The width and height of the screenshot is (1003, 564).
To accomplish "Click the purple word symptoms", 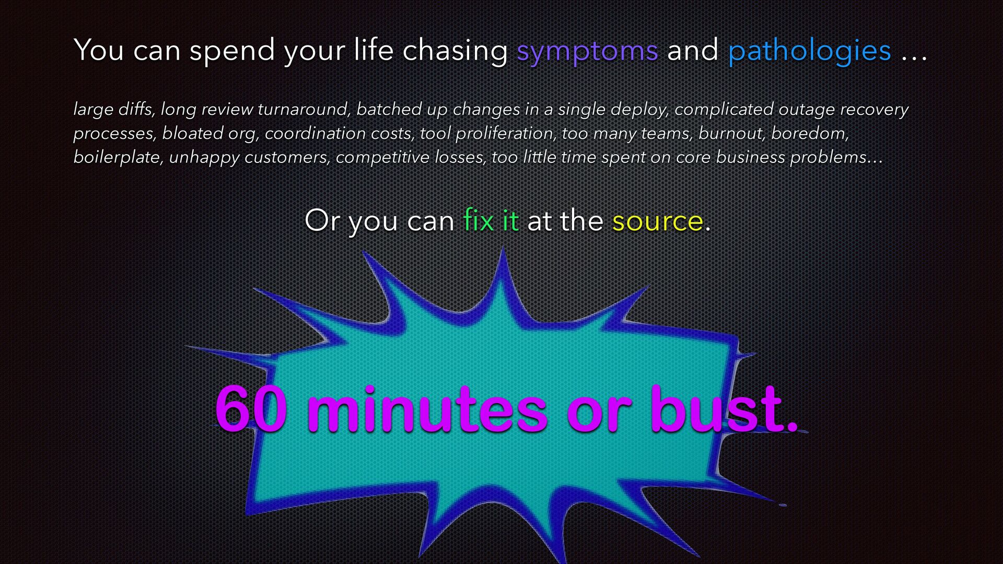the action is point(587,51).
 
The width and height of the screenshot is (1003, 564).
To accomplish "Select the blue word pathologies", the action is point(810,51).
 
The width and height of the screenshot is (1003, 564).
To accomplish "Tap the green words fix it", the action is point(491,220).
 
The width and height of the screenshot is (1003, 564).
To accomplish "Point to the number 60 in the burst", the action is point(251,409).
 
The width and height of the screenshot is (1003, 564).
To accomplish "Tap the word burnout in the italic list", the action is point(731,134).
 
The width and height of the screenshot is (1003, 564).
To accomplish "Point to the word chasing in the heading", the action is point(455,51).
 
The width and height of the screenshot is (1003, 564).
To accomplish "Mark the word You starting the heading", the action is point(99,50).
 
